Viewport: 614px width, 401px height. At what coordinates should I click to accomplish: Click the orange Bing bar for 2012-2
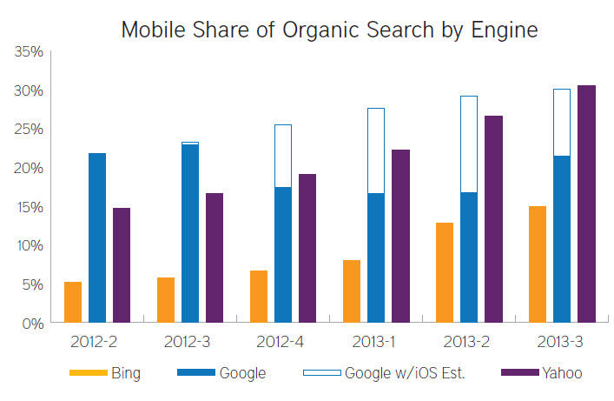73,302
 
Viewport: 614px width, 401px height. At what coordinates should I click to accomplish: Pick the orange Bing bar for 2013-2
445,272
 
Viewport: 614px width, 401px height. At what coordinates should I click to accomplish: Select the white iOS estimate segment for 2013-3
562,123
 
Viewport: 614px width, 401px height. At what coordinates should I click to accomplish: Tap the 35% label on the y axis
29,52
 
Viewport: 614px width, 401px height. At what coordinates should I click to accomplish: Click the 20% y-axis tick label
29,168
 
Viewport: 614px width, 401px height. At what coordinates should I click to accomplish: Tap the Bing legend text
126,374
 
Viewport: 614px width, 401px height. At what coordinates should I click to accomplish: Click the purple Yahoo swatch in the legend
518,374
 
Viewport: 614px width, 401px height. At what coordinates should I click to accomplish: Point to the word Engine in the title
503,31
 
